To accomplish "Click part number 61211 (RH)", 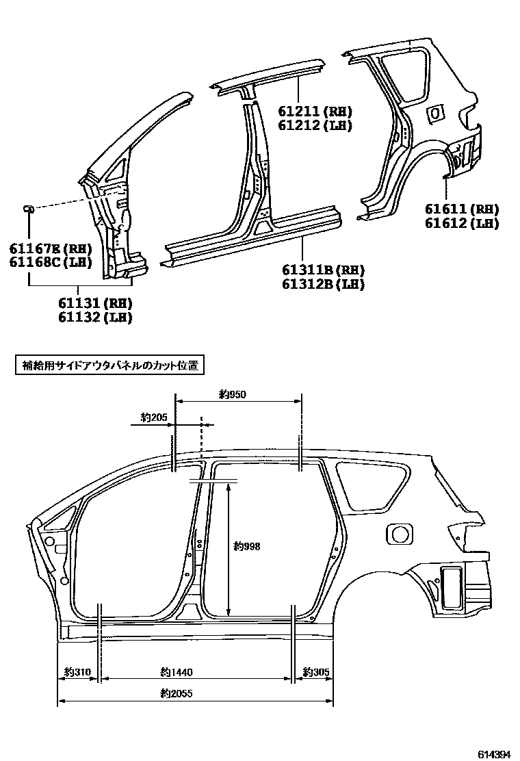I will click(315, 112).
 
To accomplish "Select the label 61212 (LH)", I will click(315, 125).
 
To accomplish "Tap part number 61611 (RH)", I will click(461, 209).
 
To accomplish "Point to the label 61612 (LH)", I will click(461, 223).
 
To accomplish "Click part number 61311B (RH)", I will click(323, 270).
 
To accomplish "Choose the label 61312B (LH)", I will click(323, 284).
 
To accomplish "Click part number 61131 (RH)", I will click(95, 303).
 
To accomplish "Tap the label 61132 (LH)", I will click(95, 317).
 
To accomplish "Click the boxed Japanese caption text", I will click(109, 366).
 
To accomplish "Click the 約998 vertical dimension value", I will click(246, 546).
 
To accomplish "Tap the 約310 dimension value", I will click(77, 672).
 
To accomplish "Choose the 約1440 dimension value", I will click(175, 672).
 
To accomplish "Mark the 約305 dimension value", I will click(316, 672).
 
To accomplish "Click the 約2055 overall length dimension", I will click(177, 693).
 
